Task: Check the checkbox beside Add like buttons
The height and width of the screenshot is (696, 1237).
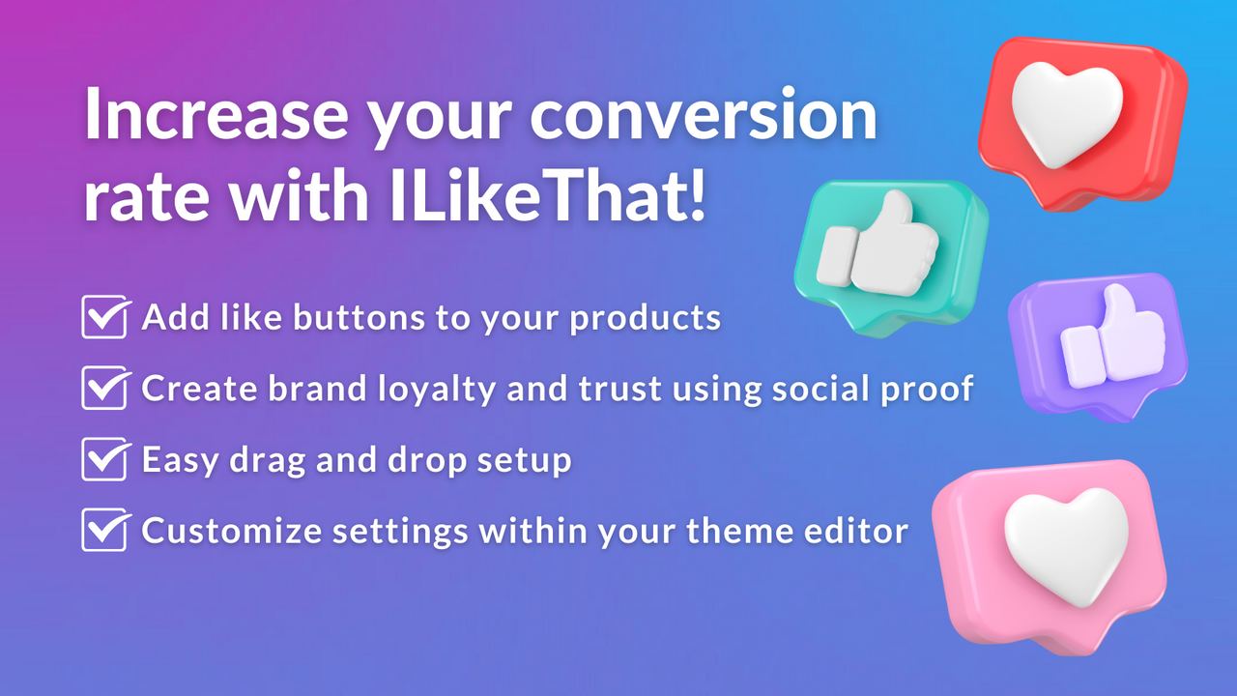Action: (x=105, y=317)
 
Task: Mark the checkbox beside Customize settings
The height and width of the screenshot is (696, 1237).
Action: (x=105, y=530)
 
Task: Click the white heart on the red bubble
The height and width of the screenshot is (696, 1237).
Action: (x=1066, y=113)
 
